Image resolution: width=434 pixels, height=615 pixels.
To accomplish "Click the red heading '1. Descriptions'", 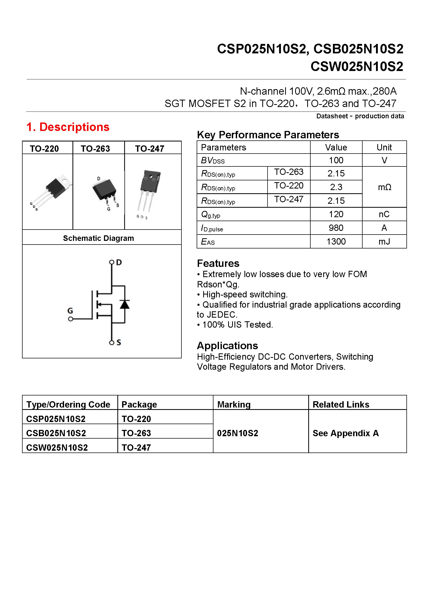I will tap(68, 127).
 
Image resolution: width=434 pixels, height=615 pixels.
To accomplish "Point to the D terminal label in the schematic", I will tap(119, 262).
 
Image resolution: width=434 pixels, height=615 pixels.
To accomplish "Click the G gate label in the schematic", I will tap(70, 311).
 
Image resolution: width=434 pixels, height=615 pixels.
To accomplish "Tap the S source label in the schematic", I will tap(119, 342).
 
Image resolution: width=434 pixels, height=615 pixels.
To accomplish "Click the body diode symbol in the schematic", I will tap(125, 304).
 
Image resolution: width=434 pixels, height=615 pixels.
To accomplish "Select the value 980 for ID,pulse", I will tap(336, 228).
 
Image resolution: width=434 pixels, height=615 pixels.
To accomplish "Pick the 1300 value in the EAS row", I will tap(336, 242).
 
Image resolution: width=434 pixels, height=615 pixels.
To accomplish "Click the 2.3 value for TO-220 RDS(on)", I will tap(336, 187).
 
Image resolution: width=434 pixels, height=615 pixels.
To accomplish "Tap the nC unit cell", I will tap(384, 214).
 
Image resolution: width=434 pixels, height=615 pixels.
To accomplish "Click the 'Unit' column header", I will tap(384, 147).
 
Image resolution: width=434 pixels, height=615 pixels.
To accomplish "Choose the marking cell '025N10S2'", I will tap(237, 433).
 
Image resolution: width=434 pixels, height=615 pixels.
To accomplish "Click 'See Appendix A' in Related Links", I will tap(346, 433).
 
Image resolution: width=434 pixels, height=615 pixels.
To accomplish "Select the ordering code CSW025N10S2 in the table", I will tap(57, 448).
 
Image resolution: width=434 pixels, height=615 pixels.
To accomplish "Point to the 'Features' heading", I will tap(218, 263).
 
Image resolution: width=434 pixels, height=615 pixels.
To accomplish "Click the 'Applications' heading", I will tap(227, 346).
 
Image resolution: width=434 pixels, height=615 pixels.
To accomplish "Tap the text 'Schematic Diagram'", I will tap(98, 238).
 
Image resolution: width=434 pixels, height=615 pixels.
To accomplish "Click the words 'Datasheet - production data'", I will tap(360, 116).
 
